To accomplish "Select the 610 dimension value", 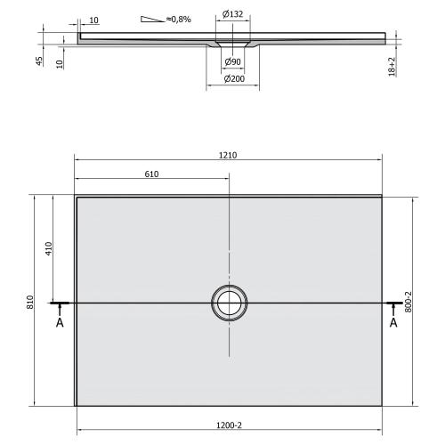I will pyautogui.click(x=151, y=174).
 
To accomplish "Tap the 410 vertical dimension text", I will pyautogui.click(x=50, y=249).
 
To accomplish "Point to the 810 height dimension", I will pyautogui.click(x=30, y=303).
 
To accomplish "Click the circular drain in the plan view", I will pyautogui.click(x=231, y=303).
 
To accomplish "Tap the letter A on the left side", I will pyautogui.click(x=60, y=323).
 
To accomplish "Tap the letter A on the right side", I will pyautogui.click(x=392, y=323).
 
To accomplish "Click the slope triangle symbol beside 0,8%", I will pyautogui.click(x=153, y=18).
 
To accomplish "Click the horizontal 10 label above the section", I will pyautogui.click(x=94, y=19).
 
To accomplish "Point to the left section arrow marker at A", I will pyautogui.click(x=61, y=305).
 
